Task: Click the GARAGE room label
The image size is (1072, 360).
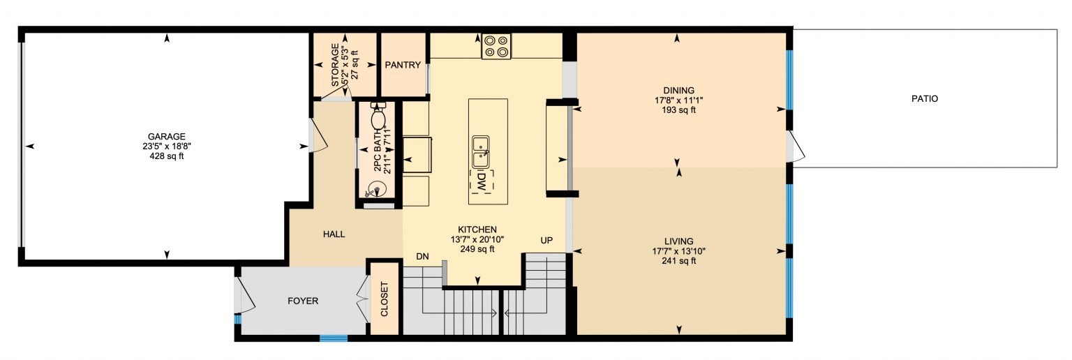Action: click(x=166, y=137)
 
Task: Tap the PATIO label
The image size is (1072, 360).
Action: click(x=924, y=99)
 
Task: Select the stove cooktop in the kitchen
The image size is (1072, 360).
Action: click(x=496, y=46)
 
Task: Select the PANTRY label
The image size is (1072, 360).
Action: click(x=403, y=66)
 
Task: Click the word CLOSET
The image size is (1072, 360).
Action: click(x=384, y=299)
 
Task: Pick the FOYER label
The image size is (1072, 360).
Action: click(x=303, y=301)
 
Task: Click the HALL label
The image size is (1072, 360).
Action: click(x=334, y=234)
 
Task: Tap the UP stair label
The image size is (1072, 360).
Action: click(x=546, y=240)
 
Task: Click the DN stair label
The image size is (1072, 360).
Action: click(x=422, y=256)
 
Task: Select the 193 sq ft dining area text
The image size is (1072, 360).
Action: click(x=678, y=110)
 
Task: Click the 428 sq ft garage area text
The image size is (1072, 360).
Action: click(x=166, y=156)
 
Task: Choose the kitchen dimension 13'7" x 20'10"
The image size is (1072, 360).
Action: click(x=477, y=239)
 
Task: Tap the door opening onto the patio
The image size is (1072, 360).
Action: click(x=794, y=148)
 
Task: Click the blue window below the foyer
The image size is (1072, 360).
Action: click(x=334, y=338)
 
